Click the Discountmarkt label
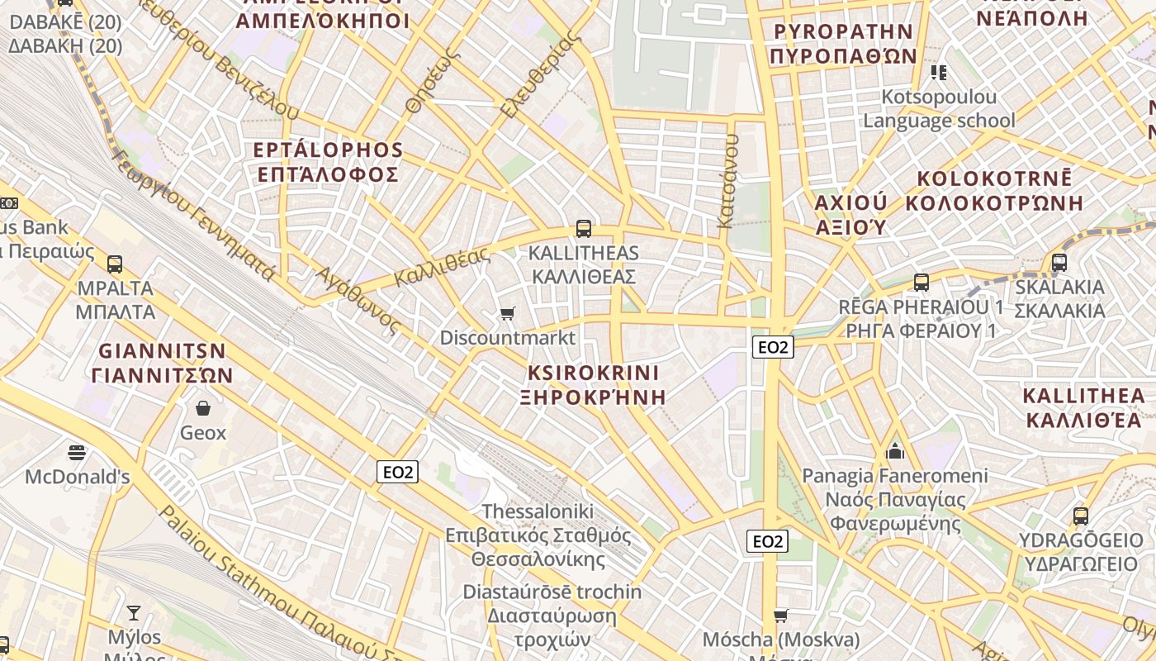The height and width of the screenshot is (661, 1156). pos(507,338)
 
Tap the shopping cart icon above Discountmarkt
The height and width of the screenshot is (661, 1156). pos(508,313)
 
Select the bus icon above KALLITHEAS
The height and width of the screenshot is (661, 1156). pos(584,229)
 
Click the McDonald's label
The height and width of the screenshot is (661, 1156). pos(78,477)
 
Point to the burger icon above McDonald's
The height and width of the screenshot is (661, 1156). pos(77,452)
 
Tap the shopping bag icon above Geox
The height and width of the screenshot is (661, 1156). pos(203,408)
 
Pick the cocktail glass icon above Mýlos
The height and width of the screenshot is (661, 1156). pos(133,612)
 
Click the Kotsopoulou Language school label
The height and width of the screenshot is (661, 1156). pos(939,108)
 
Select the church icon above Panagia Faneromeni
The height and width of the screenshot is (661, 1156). pos(895,451)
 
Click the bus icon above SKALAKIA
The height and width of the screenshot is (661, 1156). pos(1059,263)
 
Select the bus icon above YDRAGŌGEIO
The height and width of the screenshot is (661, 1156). pos(1080,516)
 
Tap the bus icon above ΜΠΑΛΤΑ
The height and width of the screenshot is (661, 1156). pos(115,264)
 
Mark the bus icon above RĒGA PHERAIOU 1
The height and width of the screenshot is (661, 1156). pos(921,283)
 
